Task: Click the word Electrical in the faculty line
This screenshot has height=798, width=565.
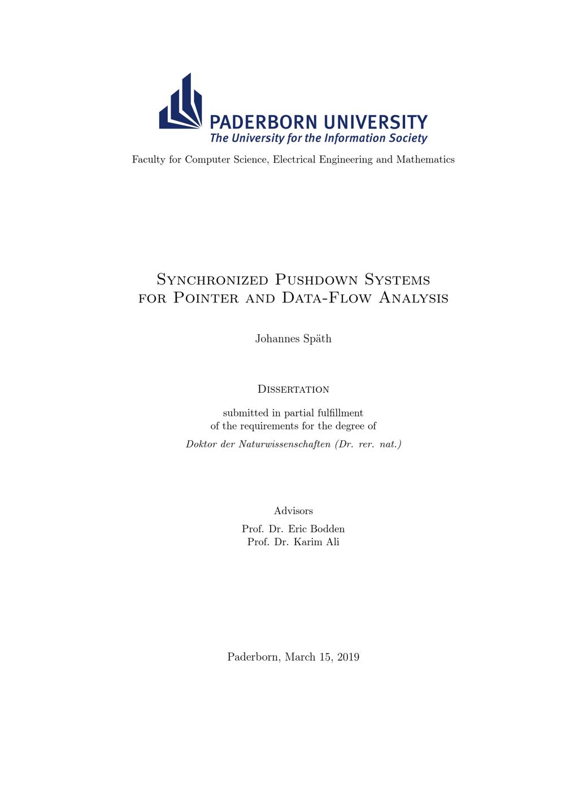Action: (x=294, y=160)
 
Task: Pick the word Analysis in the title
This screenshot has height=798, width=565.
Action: (x=413, y=298)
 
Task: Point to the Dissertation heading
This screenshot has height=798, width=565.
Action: (x=293, y=389)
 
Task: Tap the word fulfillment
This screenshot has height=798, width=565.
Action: (x=333, y=413)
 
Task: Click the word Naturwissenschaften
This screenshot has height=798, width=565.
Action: (x=284, y=444)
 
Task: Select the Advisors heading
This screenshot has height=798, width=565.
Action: (x=293, y=511)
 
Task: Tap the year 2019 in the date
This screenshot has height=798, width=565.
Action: (x=347, y=657)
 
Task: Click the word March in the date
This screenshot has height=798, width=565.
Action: (x=300, y=657)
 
